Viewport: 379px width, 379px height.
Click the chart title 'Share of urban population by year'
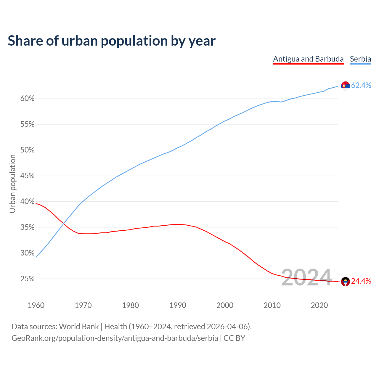[x=112, y=41]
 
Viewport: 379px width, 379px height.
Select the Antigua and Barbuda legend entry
[x=308, y=59]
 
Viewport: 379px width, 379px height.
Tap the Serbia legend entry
[x=360, y=59]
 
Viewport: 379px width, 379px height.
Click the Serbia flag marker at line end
[x=345, y=86]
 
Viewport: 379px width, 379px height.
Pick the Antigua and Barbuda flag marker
[x=345, y=282]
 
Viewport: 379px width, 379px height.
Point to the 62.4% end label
[x=361, y=86]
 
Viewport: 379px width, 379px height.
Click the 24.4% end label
[x=361, y=281]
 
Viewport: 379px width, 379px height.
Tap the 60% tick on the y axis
[x=28, y=99]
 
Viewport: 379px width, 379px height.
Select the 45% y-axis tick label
[x=28, y=176]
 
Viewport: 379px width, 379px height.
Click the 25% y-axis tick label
[x=28, y=279]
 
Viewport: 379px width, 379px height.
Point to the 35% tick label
[x=28, y=227]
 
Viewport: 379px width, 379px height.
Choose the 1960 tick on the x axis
[x=36, y=305]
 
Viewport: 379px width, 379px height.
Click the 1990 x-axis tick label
[x=178, y=305]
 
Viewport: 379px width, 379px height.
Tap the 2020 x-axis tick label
[x=319, y=305]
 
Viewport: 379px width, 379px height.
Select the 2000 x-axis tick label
[x=225, y=305]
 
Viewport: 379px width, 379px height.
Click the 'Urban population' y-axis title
[x=12, y=184]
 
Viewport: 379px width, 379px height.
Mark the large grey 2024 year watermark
[x=306, y=277]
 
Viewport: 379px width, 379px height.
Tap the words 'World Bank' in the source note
[x=79, y=327]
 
